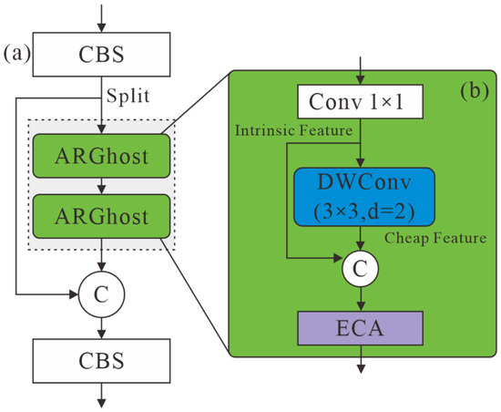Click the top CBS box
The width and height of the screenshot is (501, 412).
pos(101,55)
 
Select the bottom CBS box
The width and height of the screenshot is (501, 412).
pos(101,361)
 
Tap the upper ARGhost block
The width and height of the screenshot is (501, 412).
pos(101,156)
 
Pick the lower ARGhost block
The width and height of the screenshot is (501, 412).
pos(101,216)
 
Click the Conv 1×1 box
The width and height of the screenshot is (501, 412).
pos(361,102)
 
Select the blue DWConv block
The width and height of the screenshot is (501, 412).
pos(364,197)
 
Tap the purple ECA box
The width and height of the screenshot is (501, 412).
pos(361,328)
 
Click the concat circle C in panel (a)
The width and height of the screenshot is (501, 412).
pos(101,294)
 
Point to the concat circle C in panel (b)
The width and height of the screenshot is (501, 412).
pos(361,269)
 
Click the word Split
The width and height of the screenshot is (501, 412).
pos(128,96)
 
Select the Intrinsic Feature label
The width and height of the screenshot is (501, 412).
pos(293,130)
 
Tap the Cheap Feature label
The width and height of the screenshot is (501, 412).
pos(435,238)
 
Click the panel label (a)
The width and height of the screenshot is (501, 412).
pos(16,53)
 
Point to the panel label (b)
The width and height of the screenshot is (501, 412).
pos(475,91)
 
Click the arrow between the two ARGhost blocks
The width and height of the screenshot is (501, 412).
pos(101,186)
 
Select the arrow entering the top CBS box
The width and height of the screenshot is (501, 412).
pos(101,18)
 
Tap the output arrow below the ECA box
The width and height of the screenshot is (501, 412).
pos(361,359)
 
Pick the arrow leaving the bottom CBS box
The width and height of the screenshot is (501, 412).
pos(101,396)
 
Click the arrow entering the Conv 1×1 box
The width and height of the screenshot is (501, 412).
pos(361,70)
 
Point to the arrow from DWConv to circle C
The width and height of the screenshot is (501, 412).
pos(361,239)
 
